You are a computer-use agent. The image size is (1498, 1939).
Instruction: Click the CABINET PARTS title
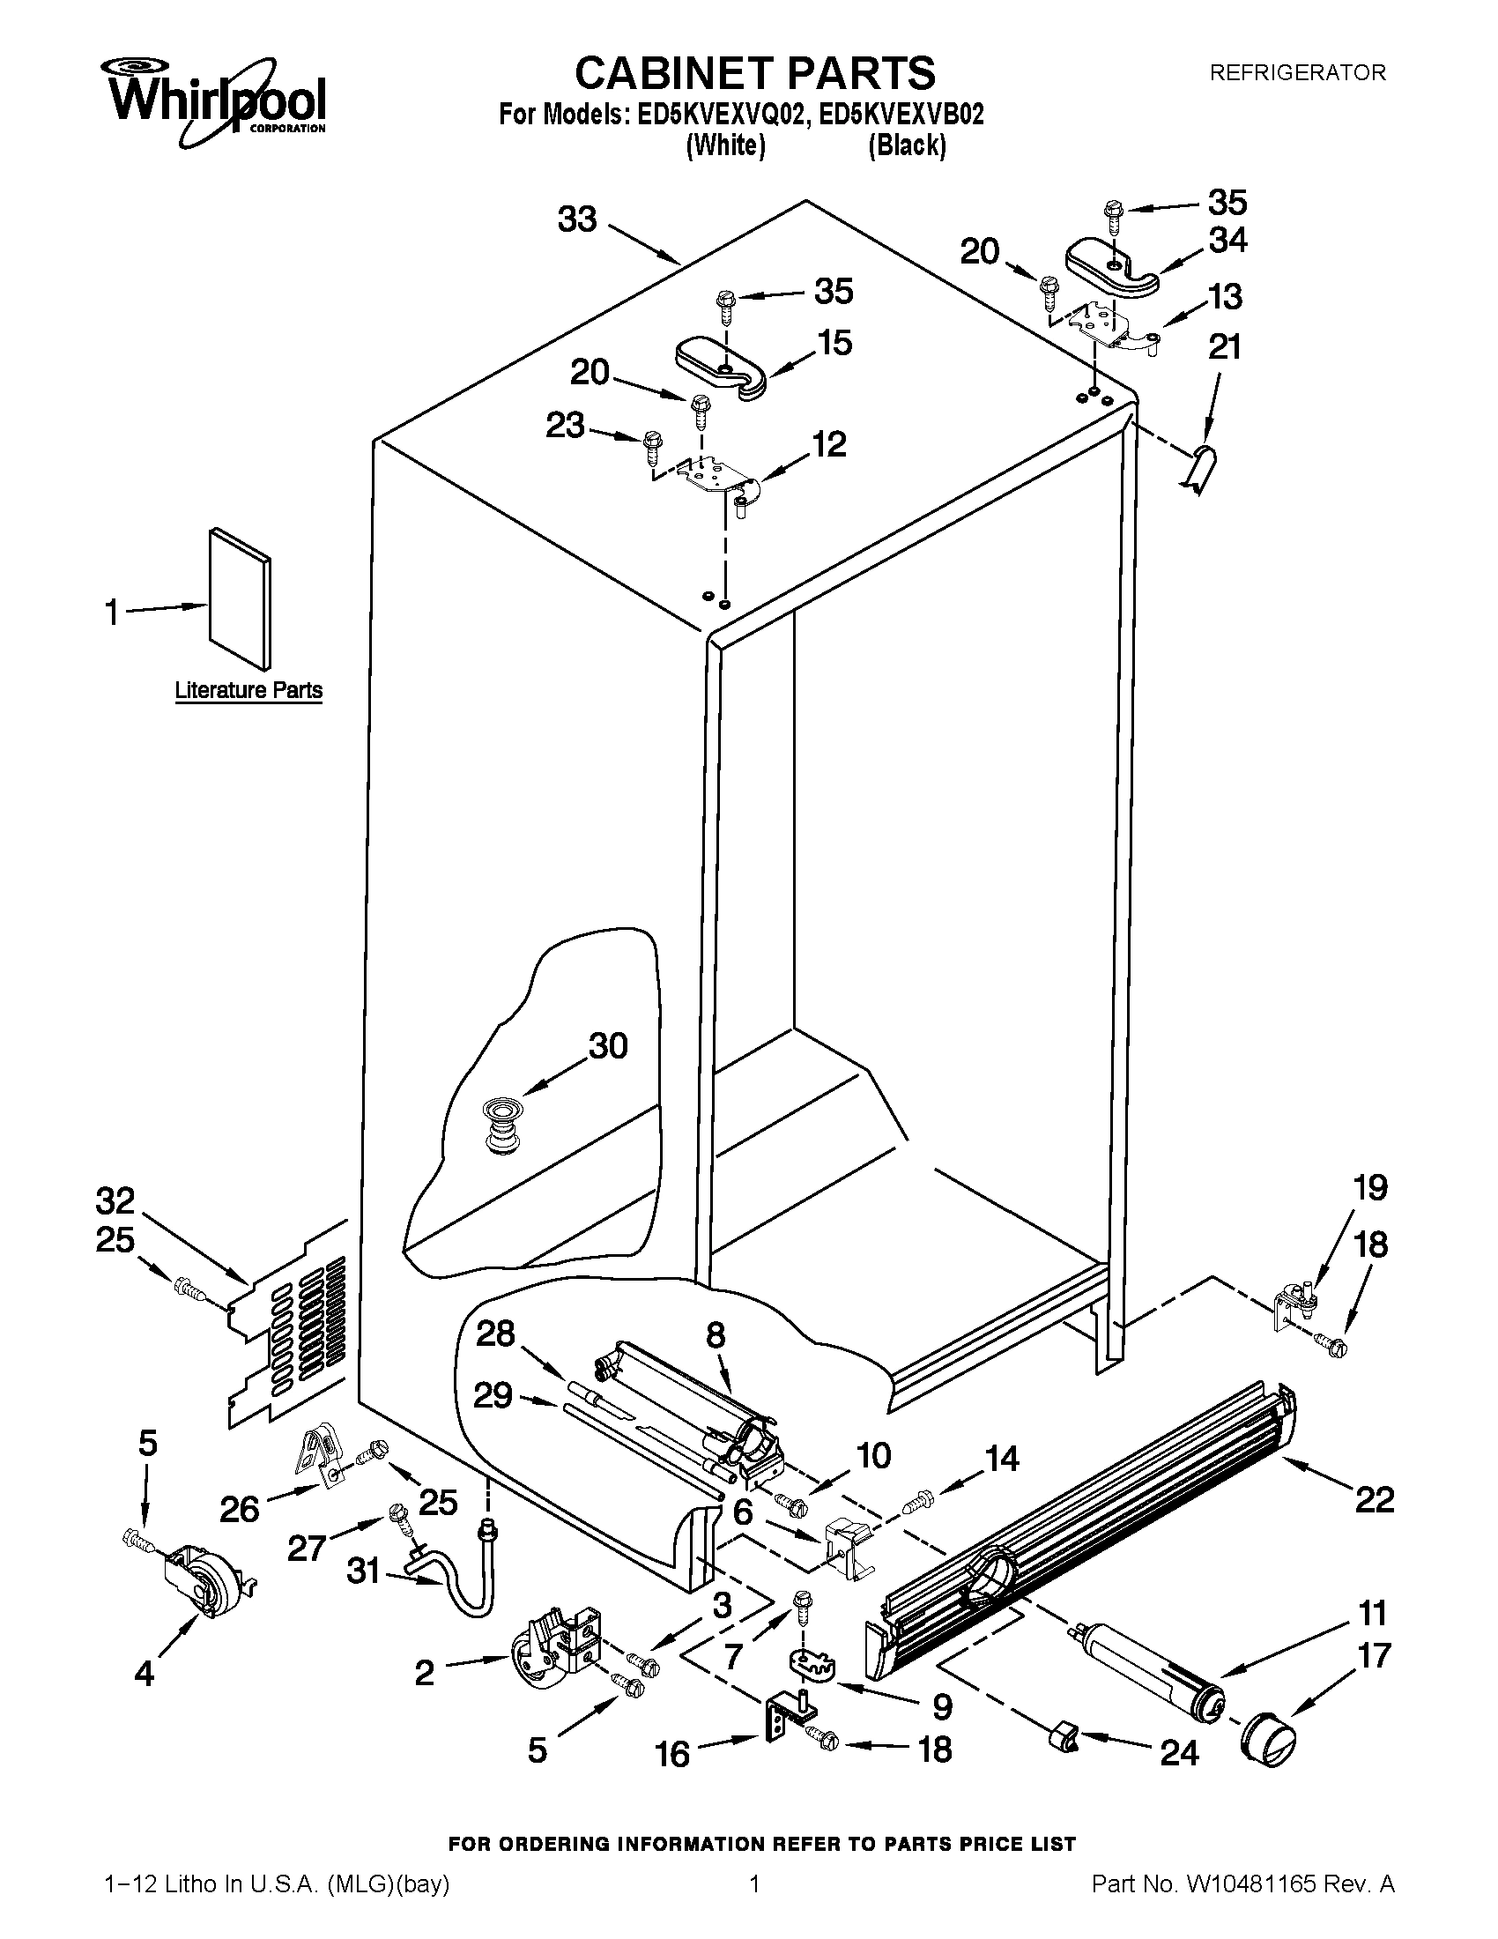point(754,73)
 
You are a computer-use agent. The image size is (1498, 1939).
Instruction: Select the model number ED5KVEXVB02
point(901,115)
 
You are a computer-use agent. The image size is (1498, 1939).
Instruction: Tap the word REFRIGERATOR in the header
point(1297,73)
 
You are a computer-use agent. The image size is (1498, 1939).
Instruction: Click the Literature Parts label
point(248,690)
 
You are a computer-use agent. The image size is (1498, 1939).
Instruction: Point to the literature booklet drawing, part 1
point(240,599)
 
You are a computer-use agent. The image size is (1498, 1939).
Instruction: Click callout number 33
point(577,219)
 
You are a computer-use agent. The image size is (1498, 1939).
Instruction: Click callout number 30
point(609,1045)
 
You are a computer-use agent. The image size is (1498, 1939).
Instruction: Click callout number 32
point(115,1200)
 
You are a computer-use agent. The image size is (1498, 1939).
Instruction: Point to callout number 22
point(1374,1500)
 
